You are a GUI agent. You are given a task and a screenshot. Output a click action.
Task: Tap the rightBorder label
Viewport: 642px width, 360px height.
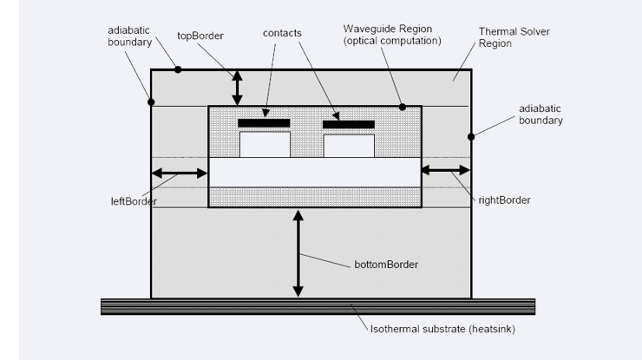[503, 200]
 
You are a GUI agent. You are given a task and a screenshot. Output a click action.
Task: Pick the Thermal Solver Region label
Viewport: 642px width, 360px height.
[516, 37]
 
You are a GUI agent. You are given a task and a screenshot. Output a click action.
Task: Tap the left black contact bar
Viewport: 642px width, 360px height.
[264, 123]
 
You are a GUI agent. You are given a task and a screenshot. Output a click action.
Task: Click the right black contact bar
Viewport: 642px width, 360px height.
[349, 124]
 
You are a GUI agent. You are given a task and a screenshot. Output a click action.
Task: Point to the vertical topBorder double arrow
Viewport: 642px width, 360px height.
[236, 88]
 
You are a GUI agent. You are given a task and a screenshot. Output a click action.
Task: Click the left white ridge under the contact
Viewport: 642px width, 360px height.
[265, 144]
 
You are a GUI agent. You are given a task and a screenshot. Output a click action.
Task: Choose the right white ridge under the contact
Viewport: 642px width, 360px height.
[349, 145]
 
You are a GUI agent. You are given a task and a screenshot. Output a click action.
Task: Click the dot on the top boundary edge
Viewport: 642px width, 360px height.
[179, 69]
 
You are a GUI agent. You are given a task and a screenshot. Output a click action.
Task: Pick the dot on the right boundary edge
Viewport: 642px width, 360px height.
[472, 135]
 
